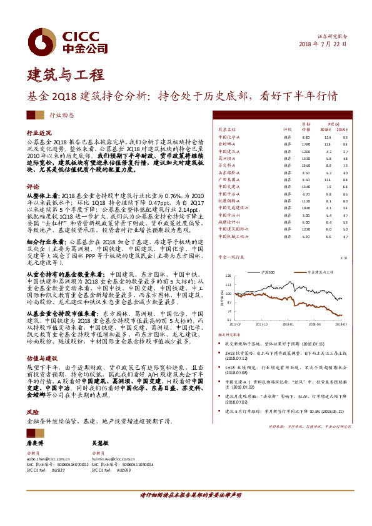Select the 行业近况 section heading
coord(39,133)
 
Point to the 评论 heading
coord(33,186)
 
